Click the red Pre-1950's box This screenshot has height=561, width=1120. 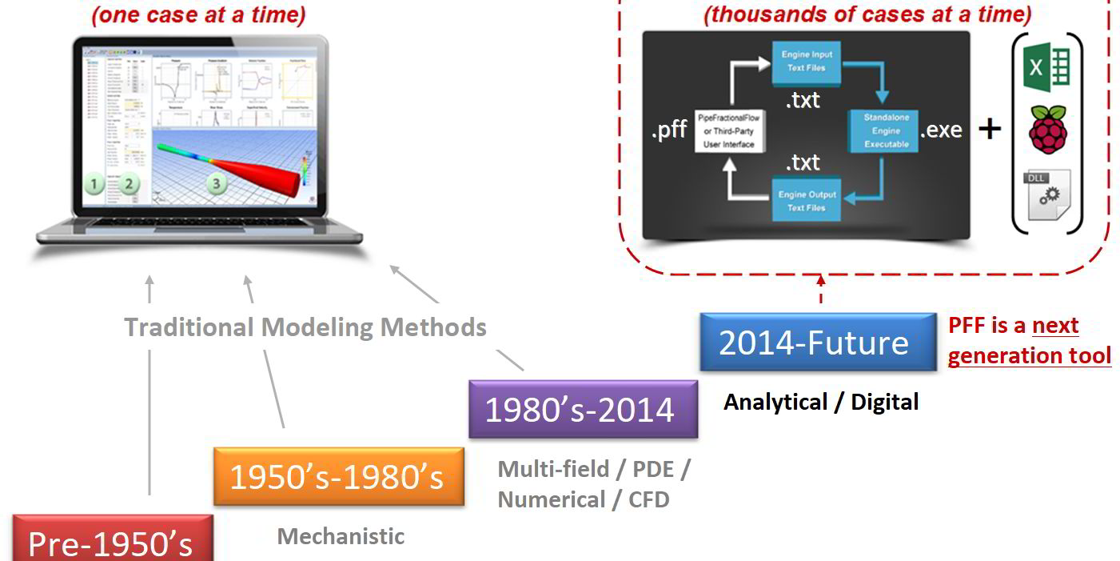(112, 541)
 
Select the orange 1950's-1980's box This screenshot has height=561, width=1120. (337, 477)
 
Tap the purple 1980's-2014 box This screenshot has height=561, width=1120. (582, 409)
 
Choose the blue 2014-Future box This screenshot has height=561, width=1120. (816, 343)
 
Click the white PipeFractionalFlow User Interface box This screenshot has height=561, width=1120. (727, 131)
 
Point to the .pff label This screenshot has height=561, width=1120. (669, 130)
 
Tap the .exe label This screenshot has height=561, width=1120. (942, 130)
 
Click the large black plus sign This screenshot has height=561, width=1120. (990, 128)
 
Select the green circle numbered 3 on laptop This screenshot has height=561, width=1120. (216, 183)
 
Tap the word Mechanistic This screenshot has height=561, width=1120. (341, 536)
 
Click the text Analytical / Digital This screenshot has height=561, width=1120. (821, 402)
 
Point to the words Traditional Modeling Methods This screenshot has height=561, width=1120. (305, 327)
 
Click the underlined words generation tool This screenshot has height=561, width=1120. (1029, 355)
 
